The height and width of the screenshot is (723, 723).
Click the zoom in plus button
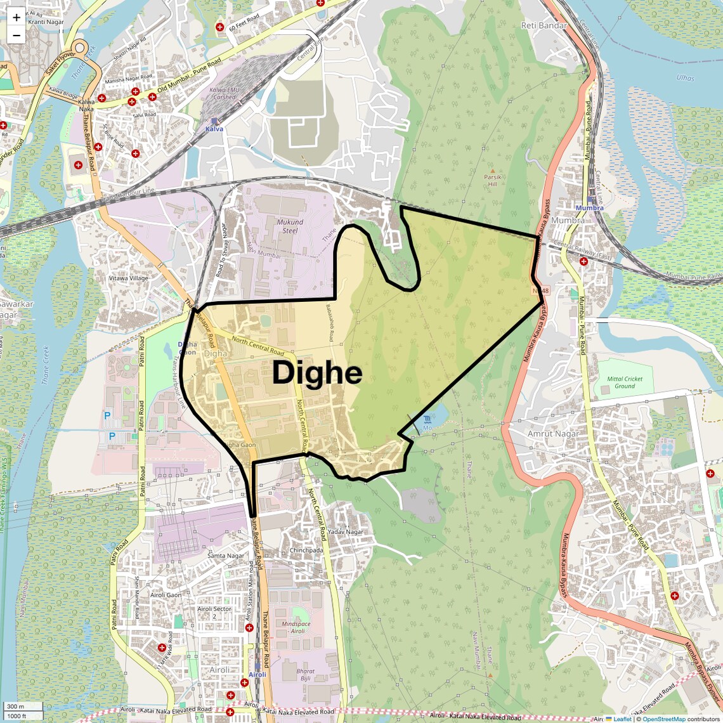coord(16,18)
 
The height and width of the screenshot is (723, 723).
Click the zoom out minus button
coord(16,35)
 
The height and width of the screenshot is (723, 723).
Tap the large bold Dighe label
coord(317,373)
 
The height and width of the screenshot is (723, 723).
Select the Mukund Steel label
coord(290,226)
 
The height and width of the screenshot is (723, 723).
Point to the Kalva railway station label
coord(214,129)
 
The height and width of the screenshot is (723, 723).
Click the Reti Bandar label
coord(544,25)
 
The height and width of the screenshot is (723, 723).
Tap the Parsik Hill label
coord(492,180)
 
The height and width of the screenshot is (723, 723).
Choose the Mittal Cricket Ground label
coord(624,382)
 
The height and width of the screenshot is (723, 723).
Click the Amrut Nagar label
coord(553,434)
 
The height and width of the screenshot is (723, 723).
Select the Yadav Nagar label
coord(346,531)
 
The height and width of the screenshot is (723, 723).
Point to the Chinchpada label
coord(306,550)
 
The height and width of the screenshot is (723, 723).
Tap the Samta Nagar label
coord(226,556)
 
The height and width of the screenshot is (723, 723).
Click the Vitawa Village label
coord(129,278)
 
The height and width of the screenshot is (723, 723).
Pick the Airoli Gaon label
coord(166,595)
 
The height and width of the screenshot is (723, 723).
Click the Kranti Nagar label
coord(46,22)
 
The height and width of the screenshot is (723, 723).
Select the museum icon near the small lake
coord(427,420)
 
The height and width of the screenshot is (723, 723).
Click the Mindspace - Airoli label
coord(296,627)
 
